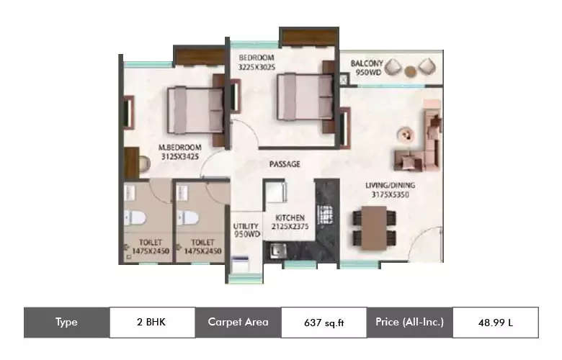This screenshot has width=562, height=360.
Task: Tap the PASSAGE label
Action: tap(285, 164)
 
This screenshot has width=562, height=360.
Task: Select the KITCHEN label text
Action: tap(288, 217)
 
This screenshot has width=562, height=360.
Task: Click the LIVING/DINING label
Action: tap(390, 185)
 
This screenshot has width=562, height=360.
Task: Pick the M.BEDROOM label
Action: tap(179, 148)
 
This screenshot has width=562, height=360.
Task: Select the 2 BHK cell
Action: tap(151, 322)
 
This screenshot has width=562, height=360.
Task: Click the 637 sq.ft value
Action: tap(323, 323)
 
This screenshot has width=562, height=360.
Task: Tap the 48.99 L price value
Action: tap(495, 323)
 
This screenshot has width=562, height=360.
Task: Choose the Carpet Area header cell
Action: tap(238, 322)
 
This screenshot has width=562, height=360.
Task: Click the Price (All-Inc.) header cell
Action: tap(409, 322)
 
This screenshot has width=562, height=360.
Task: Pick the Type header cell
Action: tap(66, 322)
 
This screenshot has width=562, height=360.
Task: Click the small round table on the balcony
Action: tap(410, 70)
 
